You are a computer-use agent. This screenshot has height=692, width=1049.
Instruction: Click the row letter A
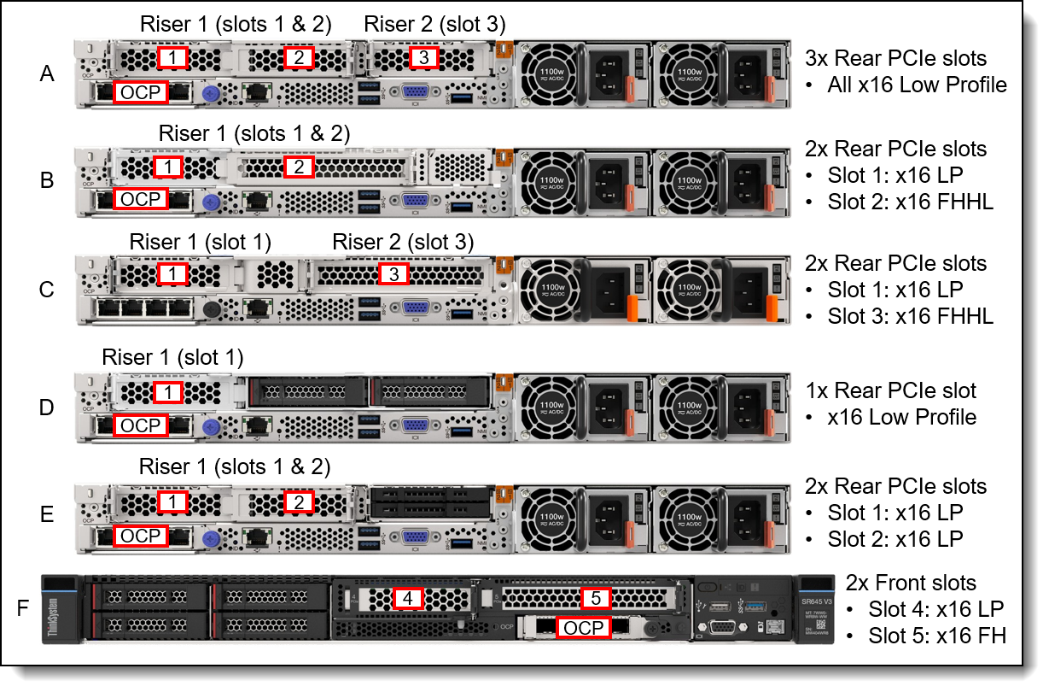pos(47,74)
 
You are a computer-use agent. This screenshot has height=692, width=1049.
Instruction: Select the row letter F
pos(24,609)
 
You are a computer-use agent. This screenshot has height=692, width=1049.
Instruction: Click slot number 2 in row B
pos(299,167)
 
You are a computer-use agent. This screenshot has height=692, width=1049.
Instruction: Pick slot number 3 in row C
pos(393,274)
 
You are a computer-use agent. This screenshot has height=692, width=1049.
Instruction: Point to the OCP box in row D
pos(141,425)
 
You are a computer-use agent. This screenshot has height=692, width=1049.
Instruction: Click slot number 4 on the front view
pos(408,599)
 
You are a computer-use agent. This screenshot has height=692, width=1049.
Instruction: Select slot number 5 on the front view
pos(596,599)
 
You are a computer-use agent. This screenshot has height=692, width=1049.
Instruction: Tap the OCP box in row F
pos(583,629)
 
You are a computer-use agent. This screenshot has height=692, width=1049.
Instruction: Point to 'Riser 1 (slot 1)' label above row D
pos(172,356)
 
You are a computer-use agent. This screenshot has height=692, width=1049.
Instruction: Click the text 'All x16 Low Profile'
pos(917,85)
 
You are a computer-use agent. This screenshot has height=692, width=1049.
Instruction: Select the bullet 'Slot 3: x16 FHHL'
pos(910,317)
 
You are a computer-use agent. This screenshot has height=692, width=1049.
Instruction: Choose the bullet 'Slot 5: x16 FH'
pos(937,636)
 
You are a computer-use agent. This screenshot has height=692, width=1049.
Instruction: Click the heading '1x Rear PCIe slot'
pos(891,390)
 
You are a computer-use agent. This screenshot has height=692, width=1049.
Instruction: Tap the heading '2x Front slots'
pos(911,583)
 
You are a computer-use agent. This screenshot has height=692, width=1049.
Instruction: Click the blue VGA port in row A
pos(415,92)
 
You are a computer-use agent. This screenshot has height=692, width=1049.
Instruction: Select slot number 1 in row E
pos(172,501)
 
